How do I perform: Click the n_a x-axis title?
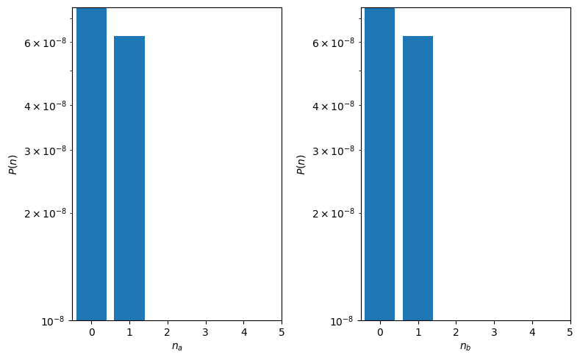pyautogui.click(x=176, y=346)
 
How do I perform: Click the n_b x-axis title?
pyautogui.click(x=465, y=346)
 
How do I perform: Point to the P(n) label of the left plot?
pyautogui.click(x=13, y=165)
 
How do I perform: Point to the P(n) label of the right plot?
pyautogui.click(x=301, y=165)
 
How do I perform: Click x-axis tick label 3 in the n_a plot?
pyautogui.click(x=205, y=332)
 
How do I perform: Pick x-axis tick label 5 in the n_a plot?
pyautogui.click(x=281, y=332)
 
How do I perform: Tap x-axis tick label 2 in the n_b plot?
pyautogui.click(x=456, y=332)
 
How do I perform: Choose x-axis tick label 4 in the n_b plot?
pyautogui.click(x=531, y=332)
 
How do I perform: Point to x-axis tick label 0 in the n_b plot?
pyautogui.click(x=380, y=332)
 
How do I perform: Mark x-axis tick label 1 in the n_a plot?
pyautogui.click(x=129, y=332)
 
